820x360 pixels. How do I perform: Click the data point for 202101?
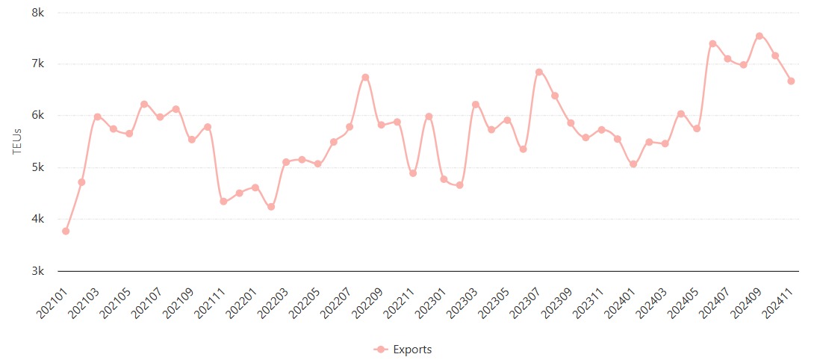point(66,232)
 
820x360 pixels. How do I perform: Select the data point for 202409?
point(760,36)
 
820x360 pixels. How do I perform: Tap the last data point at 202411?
point(791,81)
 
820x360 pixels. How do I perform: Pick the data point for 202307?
point(538,72)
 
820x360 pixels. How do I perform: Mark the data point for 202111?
point(223,202)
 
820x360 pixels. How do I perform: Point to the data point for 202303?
point(476,104)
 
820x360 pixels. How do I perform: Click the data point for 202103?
point(97,117)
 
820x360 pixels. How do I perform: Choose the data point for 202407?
point(727,59)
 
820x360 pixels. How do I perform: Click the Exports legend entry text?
point(412,350)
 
